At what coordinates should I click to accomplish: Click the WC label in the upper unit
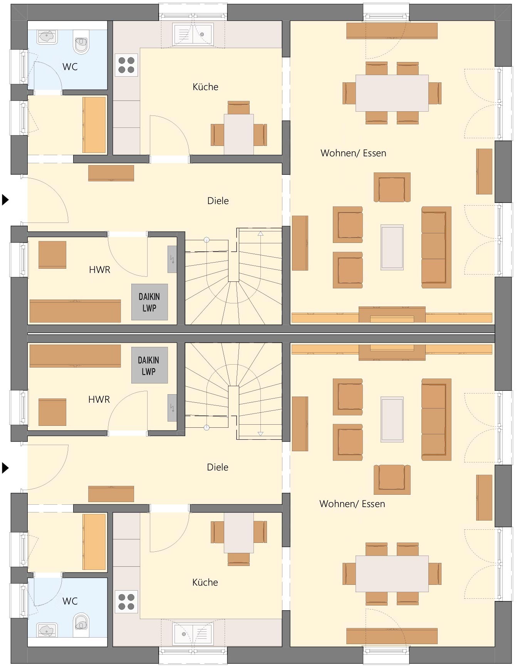pyautogui.click(x=70, y=67)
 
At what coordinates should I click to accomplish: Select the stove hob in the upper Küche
pyautogui.click(x=126, y=65)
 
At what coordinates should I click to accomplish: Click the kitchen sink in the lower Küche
pyautogui.click(x=193, y=634)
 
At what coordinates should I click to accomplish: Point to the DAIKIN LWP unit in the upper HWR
pyautogui.click(x=149, y=302)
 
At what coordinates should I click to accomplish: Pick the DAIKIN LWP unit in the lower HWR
pyautogui.click(x=149, y=365)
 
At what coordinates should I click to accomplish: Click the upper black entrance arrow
pyautogui.click(x=5, y=199)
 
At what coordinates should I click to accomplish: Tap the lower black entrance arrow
pyautogui.click(x=5, y=468)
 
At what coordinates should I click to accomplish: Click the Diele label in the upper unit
pyautogui.click(x=218, y=201)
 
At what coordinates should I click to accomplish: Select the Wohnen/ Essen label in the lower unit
pyautogui.click(x=352, y=504)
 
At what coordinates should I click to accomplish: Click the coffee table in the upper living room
pyautogui.click(x=392, y=247)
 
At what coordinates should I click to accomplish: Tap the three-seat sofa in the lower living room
pyautogui.click(x=436, y=420)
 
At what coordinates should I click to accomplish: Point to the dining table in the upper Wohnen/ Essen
pyautogui.click(x=392, y=93)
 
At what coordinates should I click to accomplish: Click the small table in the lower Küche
pyautogui.click(x=239, y=533)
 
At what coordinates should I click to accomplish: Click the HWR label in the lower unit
pyautogui.click(x=99, y=399)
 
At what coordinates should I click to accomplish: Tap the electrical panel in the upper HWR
pyautogui.click(x=172, y=259)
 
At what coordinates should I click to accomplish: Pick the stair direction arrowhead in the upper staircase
pyautogui.click(x=260, y=233)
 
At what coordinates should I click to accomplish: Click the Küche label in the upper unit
pyautogui.click(x=205, y=87)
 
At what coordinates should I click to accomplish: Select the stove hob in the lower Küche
pyautogui.click(x=126, y=602)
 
